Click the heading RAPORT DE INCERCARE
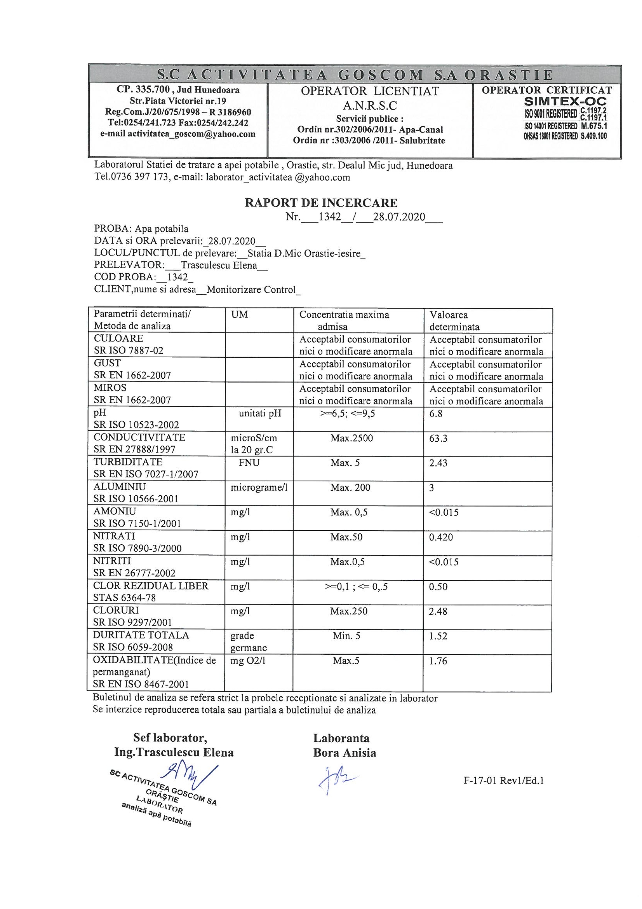coord(321,203)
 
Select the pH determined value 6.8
coord(436,414)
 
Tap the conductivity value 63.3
coord(438,438)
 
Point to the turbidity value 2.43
coord(438,463)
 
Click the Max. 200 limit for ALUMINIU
coord(350,488)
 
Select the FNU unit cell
coord(249,463)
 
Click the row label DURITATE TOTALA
coord(141,635)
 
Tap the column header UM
coord(239,315)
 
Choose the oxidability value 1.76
coord(438,661)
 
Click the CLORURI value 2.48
coord(438,611)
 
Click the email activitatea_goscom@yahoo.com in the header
coord(177,134)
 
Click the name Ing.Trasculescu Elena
coord(174,752)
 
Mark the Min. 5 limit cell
coord(346,636)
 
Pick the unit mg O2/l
coord(248,661)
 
